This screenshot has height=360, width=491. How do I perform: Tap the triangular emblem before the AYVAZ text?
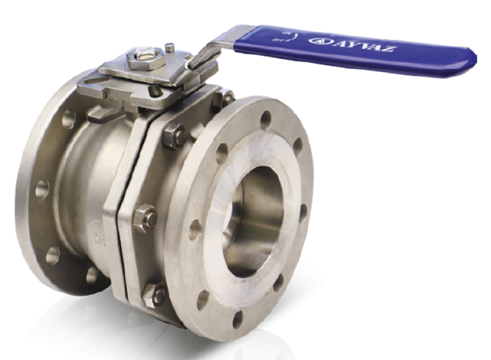319,41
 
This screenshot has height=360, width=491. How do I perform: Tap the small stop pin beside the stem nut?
170,48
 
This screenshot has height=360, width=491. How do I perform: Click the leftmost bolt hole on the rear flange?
40,187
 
